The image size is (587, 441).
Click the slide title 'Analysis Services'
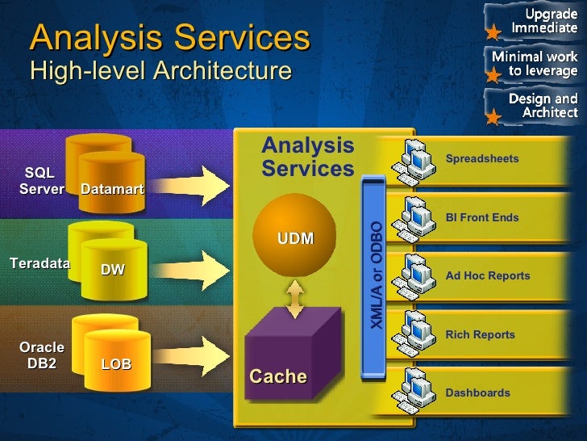[169, 38]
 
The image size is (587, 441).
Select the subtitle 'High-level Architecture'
[160, 70]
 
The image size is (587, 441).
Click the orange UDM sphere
[295, 238]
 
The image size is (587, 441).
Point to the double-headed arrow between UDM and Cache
[296, 300]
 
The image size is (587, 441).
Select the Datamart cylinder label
[112, 189]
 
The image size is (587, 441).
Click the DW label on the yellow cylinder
[113, 270]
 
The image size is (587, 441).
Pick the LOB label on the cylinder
[116, 364]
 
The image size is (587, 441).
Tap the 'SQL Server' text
[40, 182]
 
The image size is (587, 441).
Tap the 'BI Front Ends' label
[481, 217]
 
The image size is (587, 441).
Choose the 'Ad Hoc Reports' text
[487, 275]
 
